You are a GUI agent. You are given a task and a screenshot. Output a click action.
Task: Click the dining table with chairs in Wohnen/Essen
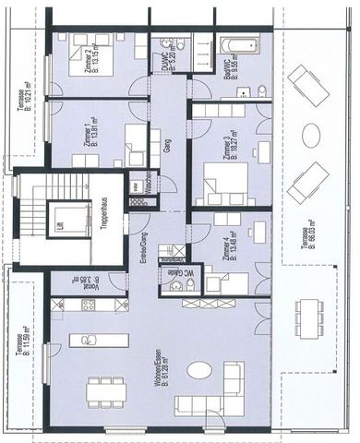[105, 391]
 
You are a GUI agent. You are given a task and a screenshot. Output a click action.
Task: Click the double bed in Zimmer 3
[225, 182]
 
